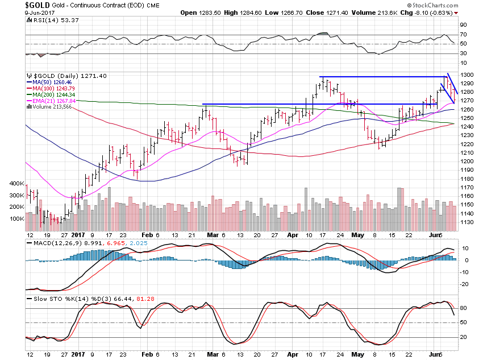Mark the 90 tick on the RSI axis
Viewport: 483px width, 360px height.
(463, 26)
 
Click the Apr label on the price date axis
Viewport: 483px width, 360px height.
(293, 234)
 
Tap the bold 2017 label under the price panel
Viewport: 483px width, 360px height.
(78, 234)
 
